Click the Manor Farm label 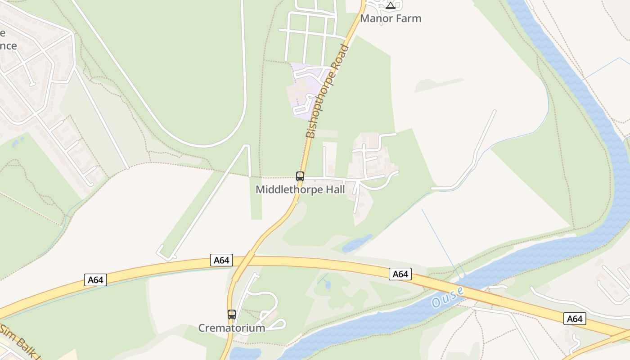click(x=391, y=18)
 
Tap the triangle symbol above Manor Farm click(x=391, y=6)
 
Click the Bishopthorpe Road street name click(x=327, y=91)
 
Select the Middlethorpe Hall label click(x=300, y=189)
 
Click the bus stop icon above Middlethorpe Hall click(x=300, y=176)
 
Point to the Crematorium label click(x=232, y=328)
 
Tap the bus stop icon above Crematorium click(x=232, y=315)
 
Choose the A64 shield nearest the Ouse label click(x=400, y=274)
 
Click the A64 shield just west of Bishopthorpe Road click(x=221, y=260)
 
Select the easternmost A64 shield click(x=575, y=319)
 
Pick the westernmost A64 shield click(x=95, y=280)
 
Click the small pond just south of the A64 click(x=327, y=284)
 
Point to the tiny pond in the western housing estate click(x=16, y=144)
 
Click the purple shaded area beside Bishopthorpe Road click(x=302, y=90)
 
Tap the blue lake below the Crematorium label click(x=245, y=353)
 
